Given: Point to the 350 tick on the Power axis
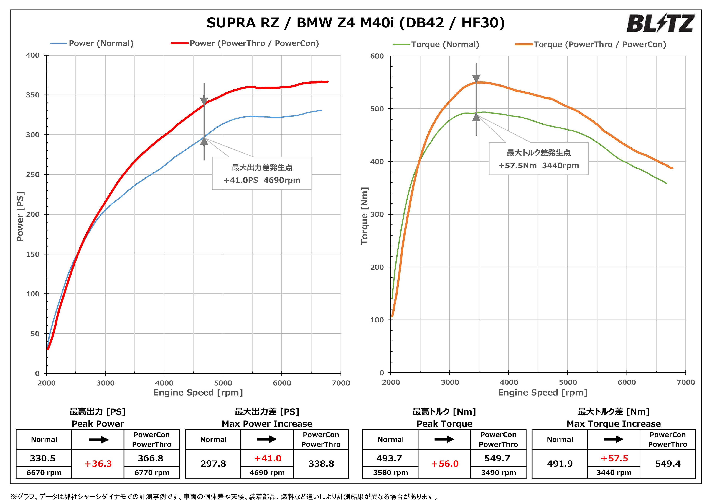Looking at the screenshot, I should (33, 95).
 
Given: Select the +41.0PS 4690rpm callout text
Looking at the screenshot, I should (262, 180).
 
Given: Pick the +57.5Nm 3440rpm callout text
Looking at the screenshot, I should (539, 166).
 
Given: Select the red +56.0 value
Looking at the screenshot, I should (444, 464).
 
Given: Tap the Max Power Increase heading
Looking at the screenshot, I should (267, 424).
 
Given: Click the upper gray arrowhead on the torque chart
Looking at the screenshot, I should (476, 79).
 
